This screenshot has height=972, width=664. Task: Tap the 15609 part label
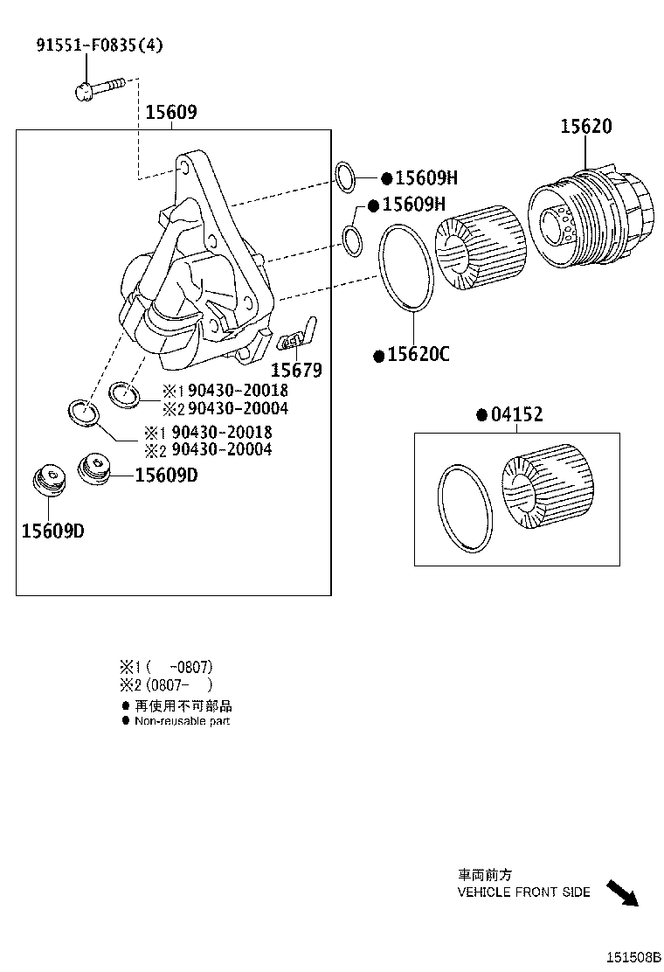coord(170,112)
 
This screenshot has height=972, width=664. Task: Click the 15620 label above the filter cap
coord(585,127)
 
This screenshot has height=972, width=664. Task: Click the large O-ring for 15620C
coord(405,267)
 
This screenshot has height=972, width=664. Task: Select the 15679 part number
coord(295,370)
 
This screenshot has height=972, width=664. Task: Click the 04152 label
coord(515,415)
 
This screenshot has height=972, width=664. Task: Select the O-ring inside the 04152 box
coord(465,509)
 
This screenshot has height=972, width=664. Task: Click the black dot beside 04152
coord(481,415)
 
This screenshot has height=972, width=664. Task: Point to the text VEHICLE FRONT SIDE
coord(523,892)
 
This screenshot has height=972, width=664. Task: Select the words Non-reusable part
coord(182,721)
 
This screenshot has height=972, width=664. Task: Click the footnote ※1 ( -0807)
coord(166,666)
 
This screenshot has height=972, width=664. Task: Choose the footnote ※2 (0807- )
coord(166,685)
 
